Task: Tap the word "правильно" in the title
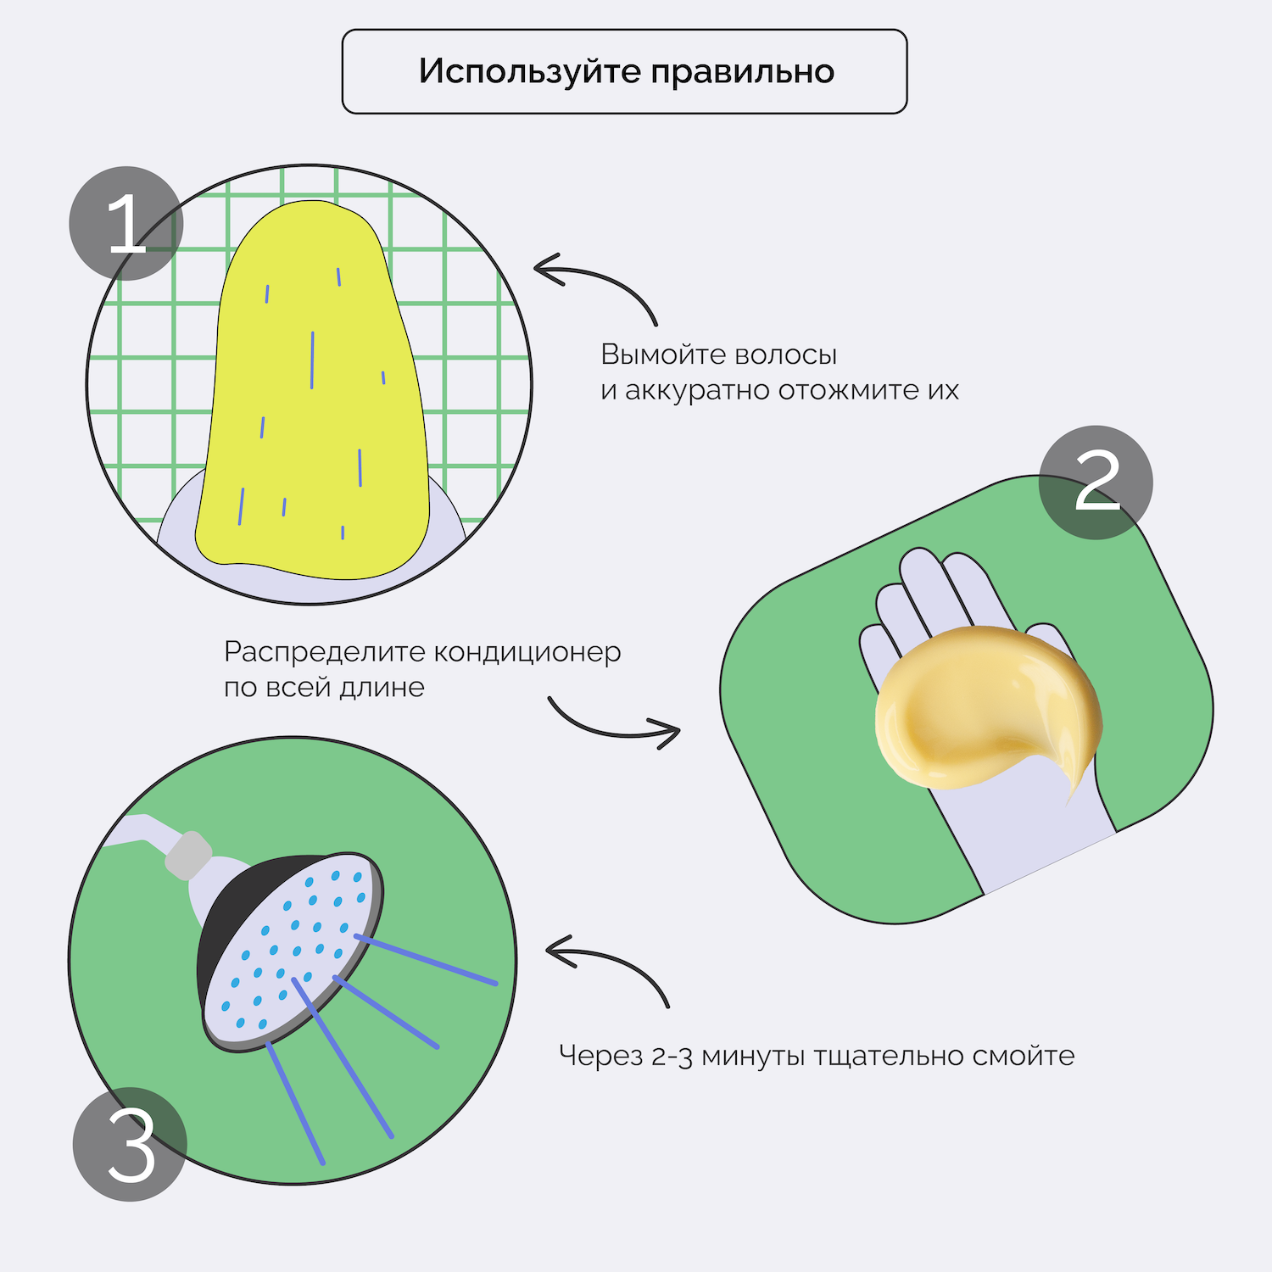point(743,72)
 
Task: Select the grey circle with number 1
point(126,223)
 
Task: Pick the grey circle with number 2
point(1096,482)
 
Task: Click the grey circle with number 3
point(130,1144)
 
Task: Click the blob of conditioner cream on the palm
point(984,704)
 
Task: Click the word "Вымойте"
point(648,354)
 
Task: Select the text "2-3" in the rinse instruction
point(672,1057)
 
